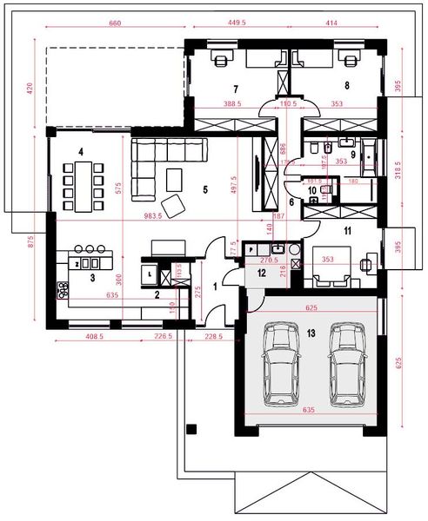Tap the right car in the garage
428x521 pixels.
(345, 365)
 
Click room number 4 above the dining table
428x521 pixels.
(80, 152)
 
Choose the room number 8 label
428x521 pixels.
(346, 85)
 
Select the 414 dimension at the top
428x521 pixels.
(331, 24)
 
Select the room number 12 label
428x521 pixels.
(262, 272)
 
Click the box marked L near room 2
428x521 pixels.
(152, 274)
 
